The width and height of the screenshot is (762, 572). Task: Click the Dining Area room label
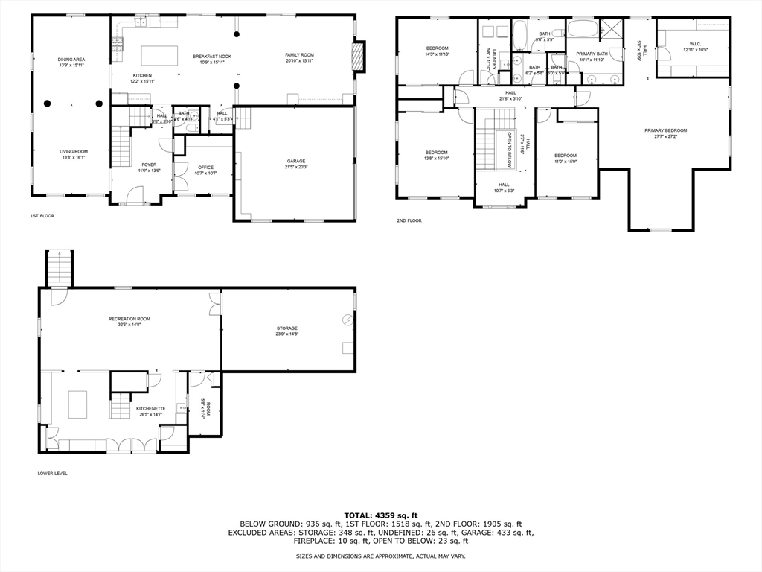coord(72,60)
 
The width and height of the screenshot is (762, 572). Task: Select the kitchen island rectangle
coord(160,56)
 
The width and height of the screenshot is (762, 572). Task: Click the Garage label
coord(296,161)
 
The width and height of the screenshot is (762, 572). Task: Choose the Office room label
coord(205,168)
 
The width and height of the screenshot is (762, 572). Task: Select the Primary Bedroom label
coord(665,130)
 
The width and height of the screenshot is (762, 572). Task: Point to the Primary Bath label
coord(593,54)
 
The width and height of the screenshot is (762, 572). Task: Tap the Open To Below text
coord(510,149)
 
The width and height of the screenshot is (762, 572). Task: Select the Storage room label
coord(287,328)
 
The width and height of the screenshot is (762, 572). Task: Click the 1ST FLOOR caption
coord(42,216)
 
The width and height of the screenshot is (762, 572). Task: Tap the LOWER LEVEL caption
coord(52,473)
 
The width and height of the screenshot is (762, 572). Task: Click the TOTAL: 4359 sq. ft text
coord(380,515)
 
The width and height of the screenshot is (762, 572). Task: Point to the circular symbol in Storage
coord(348,320)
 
